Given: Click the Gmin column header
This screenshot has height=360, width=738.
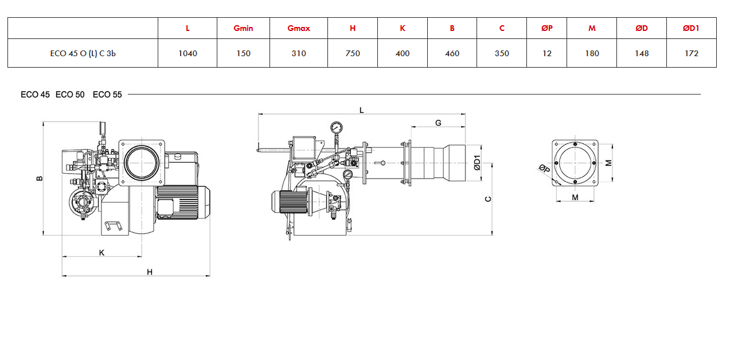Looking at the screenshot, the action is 243,28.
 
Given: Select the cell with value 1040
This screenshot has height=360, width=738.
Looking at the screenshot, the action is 188,53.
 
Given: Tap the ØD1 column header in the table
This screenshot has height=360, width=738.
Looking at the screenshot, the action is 691,28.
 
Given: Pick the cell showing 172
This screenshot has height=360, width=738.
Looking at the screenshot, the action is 691,53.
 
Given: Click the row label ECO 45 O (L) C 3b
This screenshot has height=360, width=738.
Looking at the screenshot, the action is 83,53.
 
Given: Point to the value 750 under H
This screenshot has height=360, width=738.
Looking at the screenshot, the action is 353,53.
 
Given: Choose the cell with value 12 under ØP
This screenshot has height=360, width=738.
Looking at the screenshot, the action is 547,53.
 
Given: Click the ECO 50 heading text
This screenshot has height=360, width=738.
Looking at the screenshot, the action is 70,95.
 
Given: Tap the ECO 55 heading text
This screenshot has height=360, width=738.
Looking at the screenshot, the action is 107,95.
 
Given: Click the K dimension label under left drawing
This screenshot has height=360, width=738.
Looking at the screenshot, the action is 102,253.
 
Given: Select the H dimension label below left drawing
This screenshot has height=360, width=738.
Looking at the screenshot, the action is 150,272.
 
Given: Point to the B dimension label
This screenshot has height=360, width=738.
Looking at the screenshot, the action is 40,178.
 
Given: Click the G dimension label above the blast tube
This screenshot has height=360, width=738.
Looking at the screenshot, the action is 438,123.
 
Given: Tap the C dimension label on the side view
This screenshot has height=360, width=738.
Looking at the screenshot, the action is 488,199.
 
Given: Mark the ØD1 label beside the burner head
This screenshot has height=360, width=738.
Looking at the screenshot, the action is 477,163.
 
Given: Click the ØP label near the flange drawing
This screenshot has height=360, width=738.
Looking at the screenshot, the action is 545,169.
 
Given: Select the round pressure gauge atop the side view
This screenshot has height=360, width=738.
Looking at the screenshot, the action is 336,127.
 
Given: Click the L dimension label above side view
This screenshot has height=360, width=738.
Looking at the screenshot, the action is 361,110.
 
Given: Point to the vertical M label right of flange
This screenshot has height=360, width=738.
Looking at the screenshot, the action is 608,163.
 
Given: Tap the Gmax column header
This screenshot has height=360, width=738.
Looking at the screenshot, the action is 299,28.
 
